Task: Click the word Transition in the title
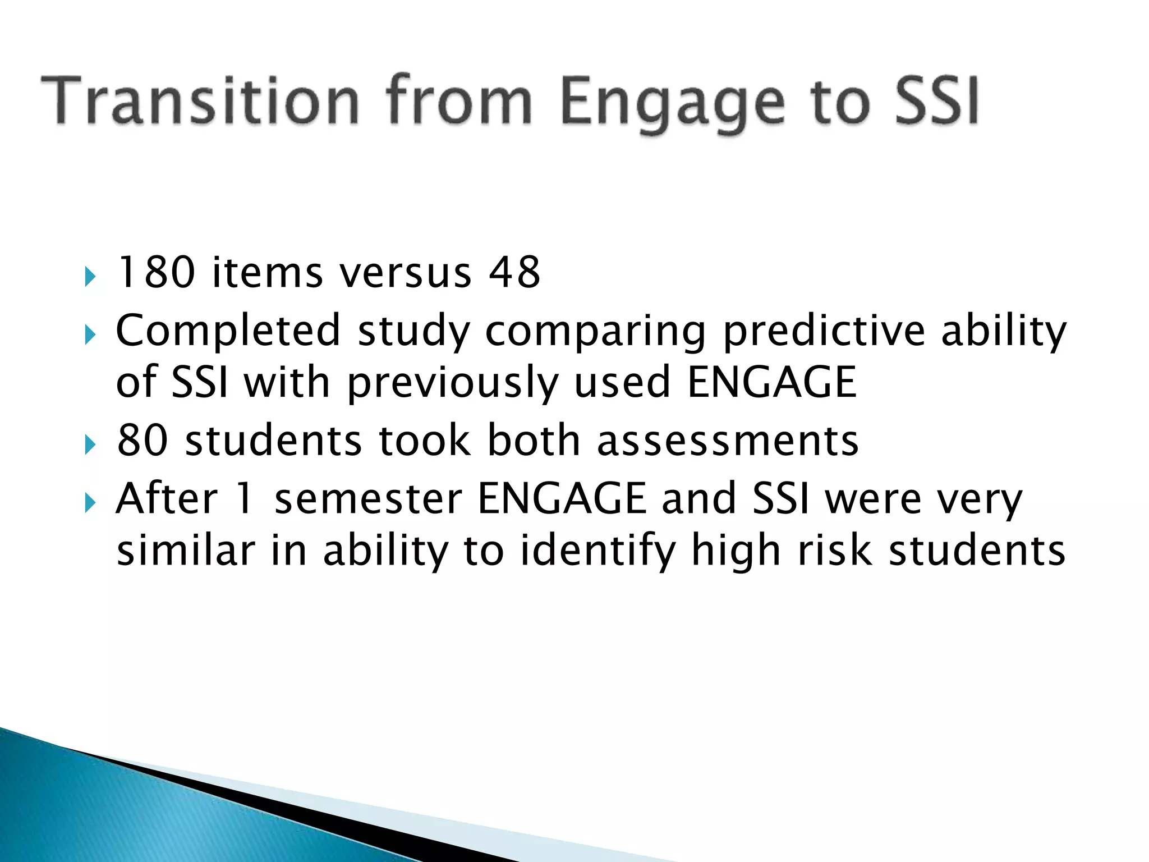[x=200, y=101]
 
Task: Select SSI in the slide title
[x=937, y=101]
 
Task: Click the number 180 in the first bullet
[x=155, y=273]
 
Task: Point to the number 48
[x=514, y=273]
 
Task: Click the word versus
[x=406, y=274]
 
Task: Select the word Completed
[x=228, y=331]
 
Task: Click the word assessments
[x=727, y=441]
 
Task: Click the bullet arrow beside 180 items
[x=90, y=277]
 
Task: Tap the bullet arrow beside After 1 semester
[x=90, y=503]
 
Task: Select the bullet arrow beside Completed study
[x=90, y=336]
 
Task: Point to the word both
[x=533, y=440]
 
